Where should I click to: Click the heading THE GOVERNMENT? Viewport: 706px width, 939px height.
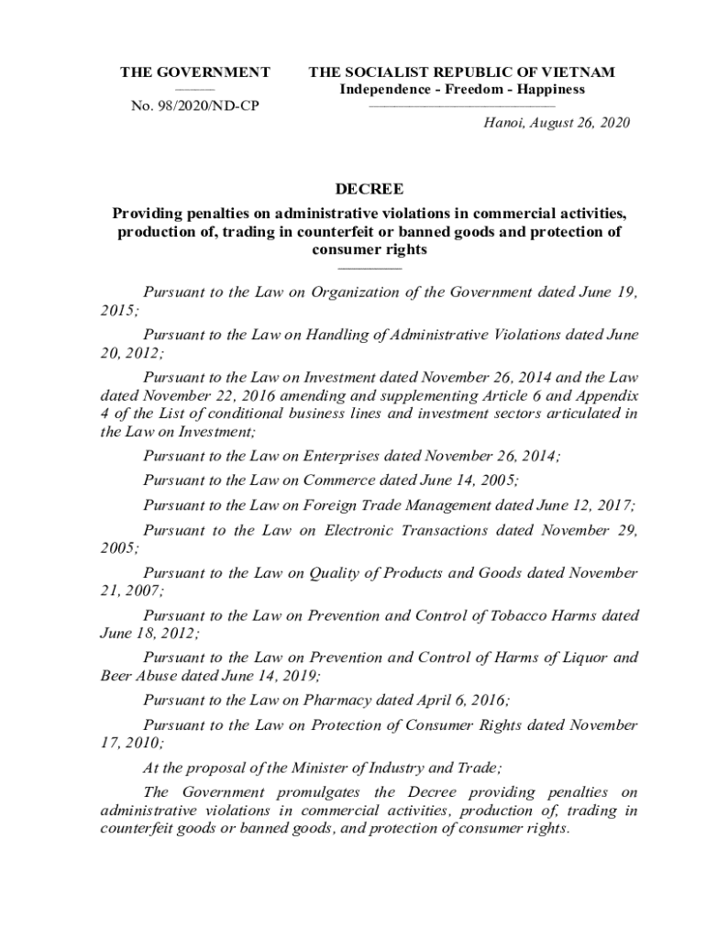tap(195, 72)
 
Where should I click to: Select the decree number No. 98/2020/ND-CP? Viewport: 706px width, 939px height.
tap(195, 106)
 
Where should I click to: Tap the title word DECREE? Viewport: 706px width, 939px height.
tap(370, 190)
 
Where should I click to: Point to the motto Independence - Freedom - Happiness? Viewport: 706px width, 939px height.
tap(462, 90)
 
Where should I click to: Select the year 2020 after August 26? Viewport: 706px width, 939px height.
tap(613, 123)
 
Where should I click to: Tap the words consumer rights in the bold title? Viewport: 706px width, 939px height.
tap(370, 249)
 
